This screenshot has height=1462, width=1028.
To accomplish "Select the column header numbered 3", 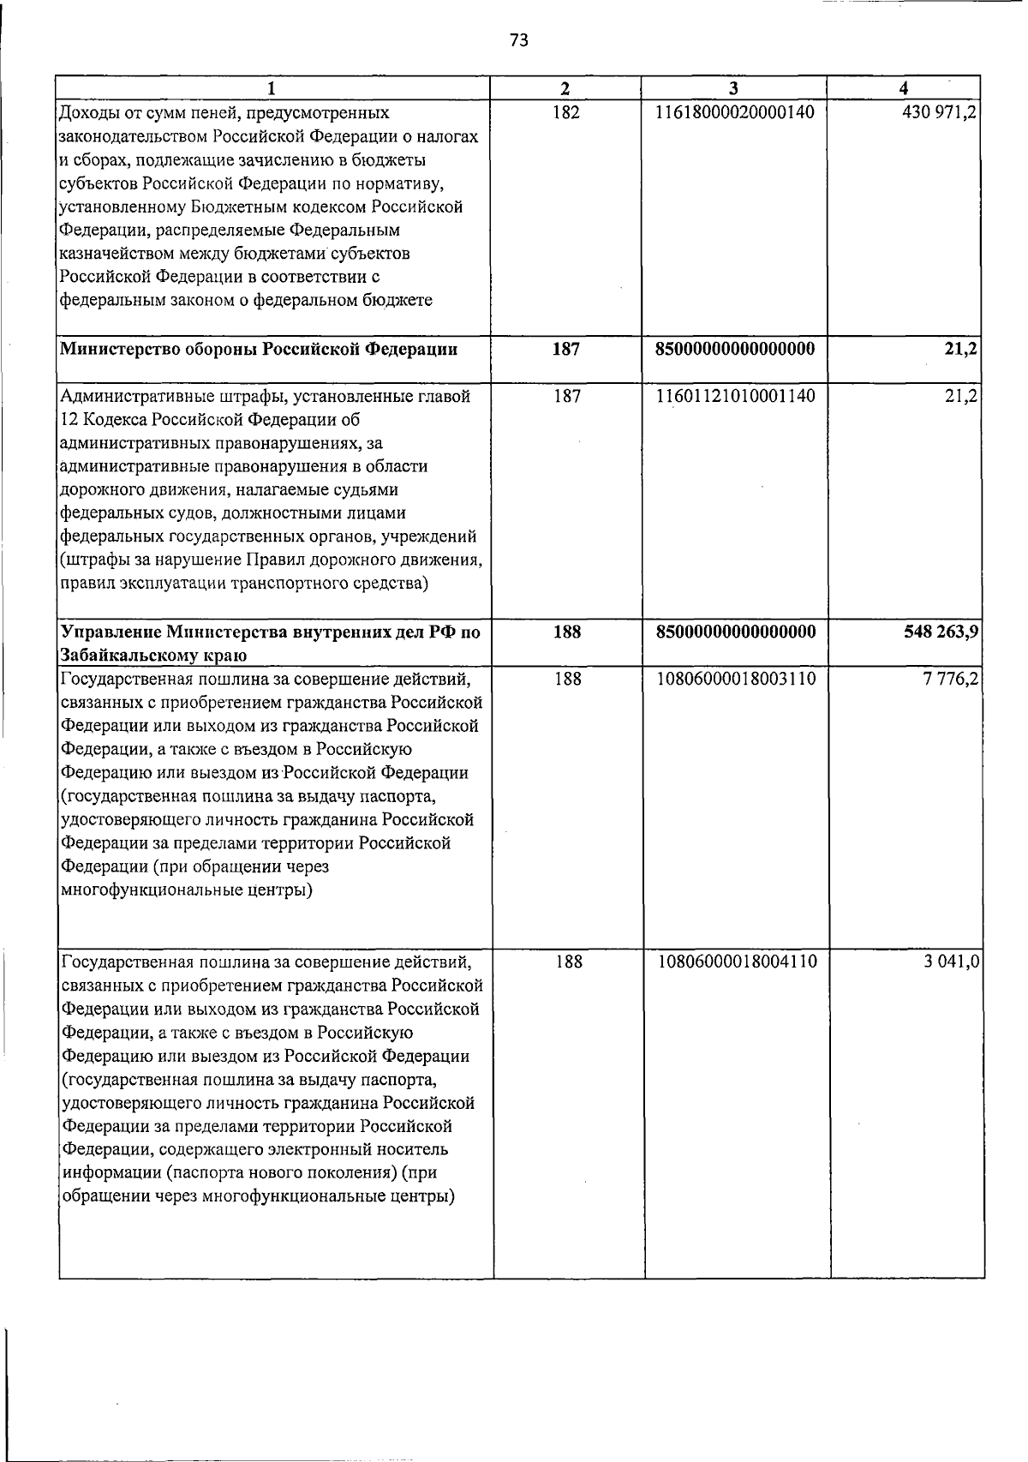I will [733, 88].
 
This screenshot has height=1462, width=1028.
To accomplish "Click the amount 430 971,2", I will [940, 112].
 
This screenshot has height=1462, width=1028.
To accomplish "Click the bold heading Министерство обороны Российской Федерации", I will [258, 350].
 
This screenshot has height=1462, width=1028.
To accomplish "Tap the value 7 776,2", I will [952, 680].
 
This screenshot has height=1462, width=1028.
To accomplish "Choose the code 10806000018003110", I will [736, 680].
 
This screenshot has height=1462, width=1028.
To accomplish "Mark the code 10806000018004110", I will [737, 962].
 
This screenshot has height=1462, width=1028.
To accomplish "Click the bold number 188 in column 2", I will [566, 632].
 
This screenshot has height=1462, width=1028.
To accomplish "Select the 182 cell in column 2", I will [565, 112].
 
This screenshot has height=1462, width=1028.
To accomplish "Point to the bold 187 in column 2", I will [565, 350].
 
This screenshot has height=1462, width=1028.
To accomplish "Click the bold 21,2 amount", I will [963, 350].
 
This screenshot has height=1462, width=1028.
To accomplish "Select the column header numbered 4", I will [905, 88].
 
